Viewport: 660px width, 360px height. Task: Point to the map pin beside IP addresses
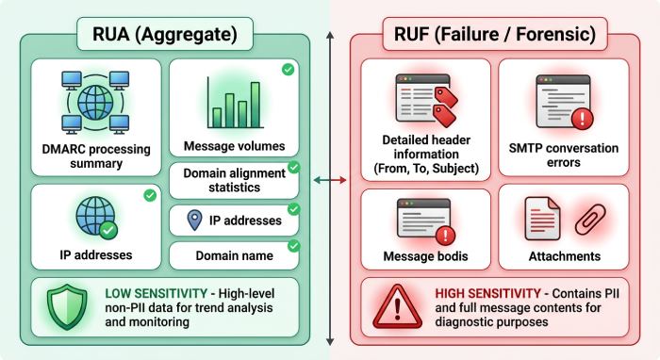(x=195, y=220)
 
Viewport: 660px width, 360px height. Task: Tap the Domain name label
(x=234, y=255)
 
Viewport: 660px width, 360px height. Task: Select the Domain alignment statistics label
(x=234, y=180)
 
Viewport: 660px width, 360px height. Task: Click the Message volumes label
(x=234, y=147)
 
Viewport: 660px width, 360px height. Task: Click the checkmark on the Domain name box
(x=292, y=245)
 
